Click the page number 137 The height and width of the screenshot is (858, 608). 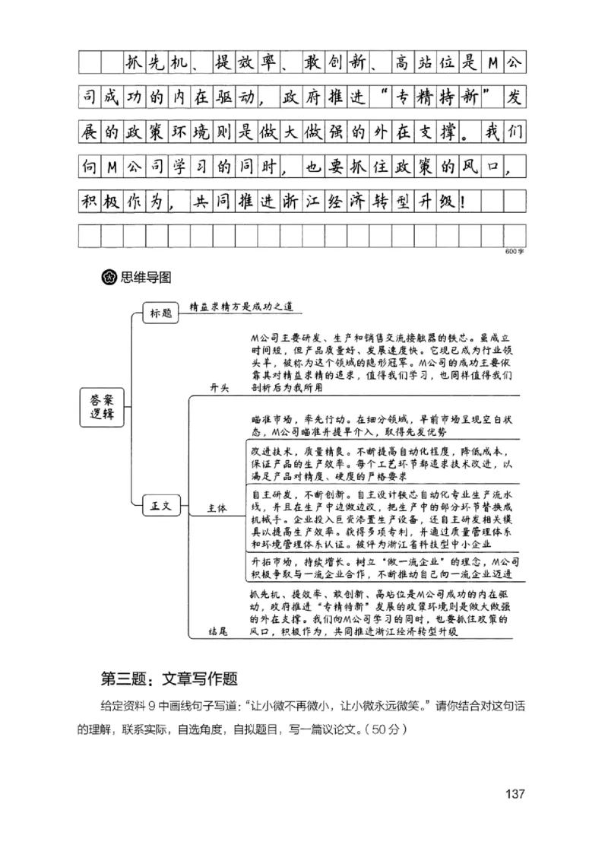pyautogui.click(x=515, y=794)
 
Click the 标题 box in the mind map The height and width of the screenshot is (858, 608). pyautogui.click(x=160, y=313)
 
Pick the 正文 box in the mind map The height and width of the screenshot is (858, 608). pyautogui.click(x=160, y=504)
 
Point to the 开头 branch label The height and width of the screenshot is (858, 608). pyautogui.click(x=220, y=388)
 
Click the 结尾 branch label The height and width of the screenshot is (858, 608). pyautogui.click(x=219, y=631)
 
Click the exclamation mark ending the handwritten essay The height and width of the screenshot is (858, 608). pyautogui.click(x=464, y=202)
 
